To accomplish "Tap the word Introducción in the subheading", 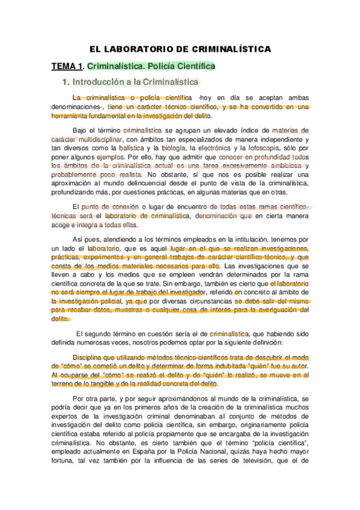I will pyautogui.click(x=104, y=81).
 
